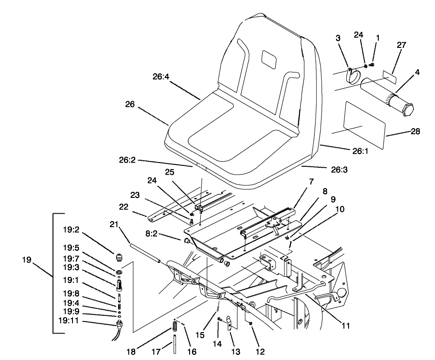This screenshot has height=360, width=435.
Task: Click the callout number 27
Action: [x=401, y=45]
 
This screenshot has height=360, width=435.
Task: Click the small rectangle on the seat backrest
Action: [x=269, y=58]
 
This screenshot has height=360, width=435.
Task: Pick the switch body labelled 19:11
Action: [x=121, y=323]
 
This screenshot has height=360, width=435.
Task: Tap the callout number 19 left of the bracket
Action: [x=27, y=260]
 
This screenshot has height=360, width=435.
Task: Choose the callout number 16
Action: [x=191, y=352]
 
